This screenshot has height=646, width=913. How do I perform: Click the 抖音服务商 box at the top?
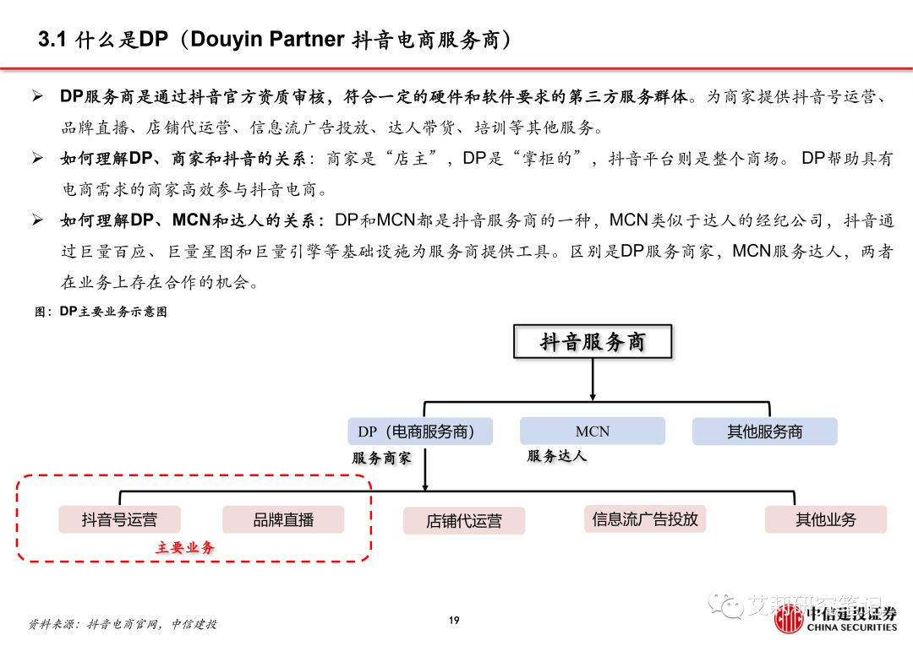point(593,343)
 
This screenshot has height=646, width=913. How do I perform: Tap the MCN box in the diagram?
point(592,432)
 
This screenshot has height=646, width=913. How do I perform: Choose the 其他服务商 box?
point(764,432)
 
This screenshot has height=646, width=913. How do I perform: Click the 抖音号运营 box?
point(119,519)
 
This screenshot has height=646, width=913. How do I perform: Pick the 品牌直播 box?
point(283,519)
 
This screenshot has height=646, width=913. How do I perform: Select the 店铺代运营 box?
point(463,521)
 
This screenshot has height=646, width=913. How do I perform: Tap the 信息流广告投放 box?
point(645,518)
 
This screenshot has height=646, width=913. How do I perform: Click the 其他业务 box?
point(825,519)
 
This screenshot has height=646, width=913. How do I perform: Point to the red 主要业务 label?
point(184,547)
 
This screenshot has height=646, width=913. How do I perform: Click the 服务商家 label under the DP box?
point(381,458)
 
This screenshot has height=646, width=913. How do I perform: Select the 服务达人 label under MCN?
point(556,456)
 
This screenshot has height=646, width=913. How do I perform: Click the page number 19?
point(454,621)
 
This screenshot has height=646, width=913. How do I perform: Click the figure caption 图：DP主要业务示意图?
point(101,312)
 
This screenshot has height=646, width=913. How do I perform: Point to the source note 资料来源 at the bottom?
point(123,624)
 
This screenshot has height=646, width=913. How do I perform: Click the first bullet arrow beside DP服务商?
point(37,96)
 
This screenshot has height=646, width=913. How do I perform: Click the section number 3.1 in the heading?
point(52,40)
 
